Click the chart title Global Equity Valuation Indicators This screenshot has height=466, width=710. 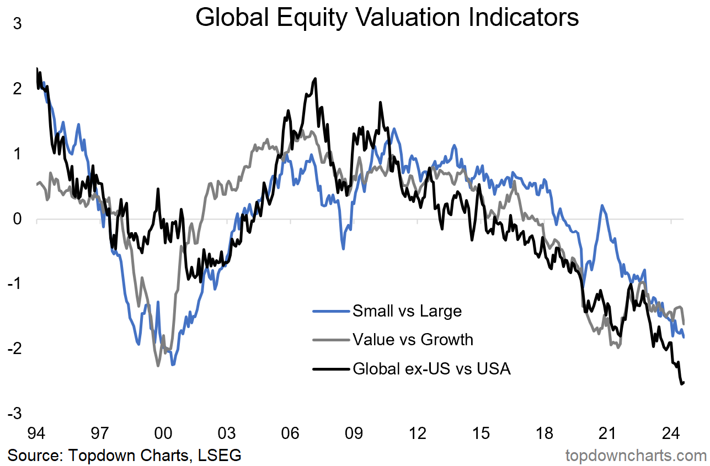tap(387, 18)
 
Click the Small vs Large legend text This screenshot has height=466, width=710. tap(407, 311)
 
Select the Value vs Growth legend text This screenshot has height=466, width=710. tap(413, 339)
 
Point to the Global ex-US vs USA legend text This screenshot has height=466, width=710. tap(431, 368)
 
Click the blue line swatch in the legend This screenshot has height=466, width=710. tap(331, 311)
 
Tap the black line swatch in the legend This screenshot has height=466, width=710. tap(331, 368)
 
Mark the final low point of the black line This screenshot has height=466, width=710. tap(681, 383)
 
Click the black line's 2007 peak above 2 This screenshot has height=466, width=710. tap(315, 79)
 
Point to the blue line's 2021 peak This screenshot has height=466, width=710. tap(602, 206)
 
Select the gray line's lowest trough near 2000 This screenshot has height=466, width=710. tap(158, 365)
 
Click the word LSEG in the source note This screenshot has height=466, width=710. tap(221, 456)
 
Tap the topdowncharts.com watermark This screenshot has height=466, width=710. tap(636, 456)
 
